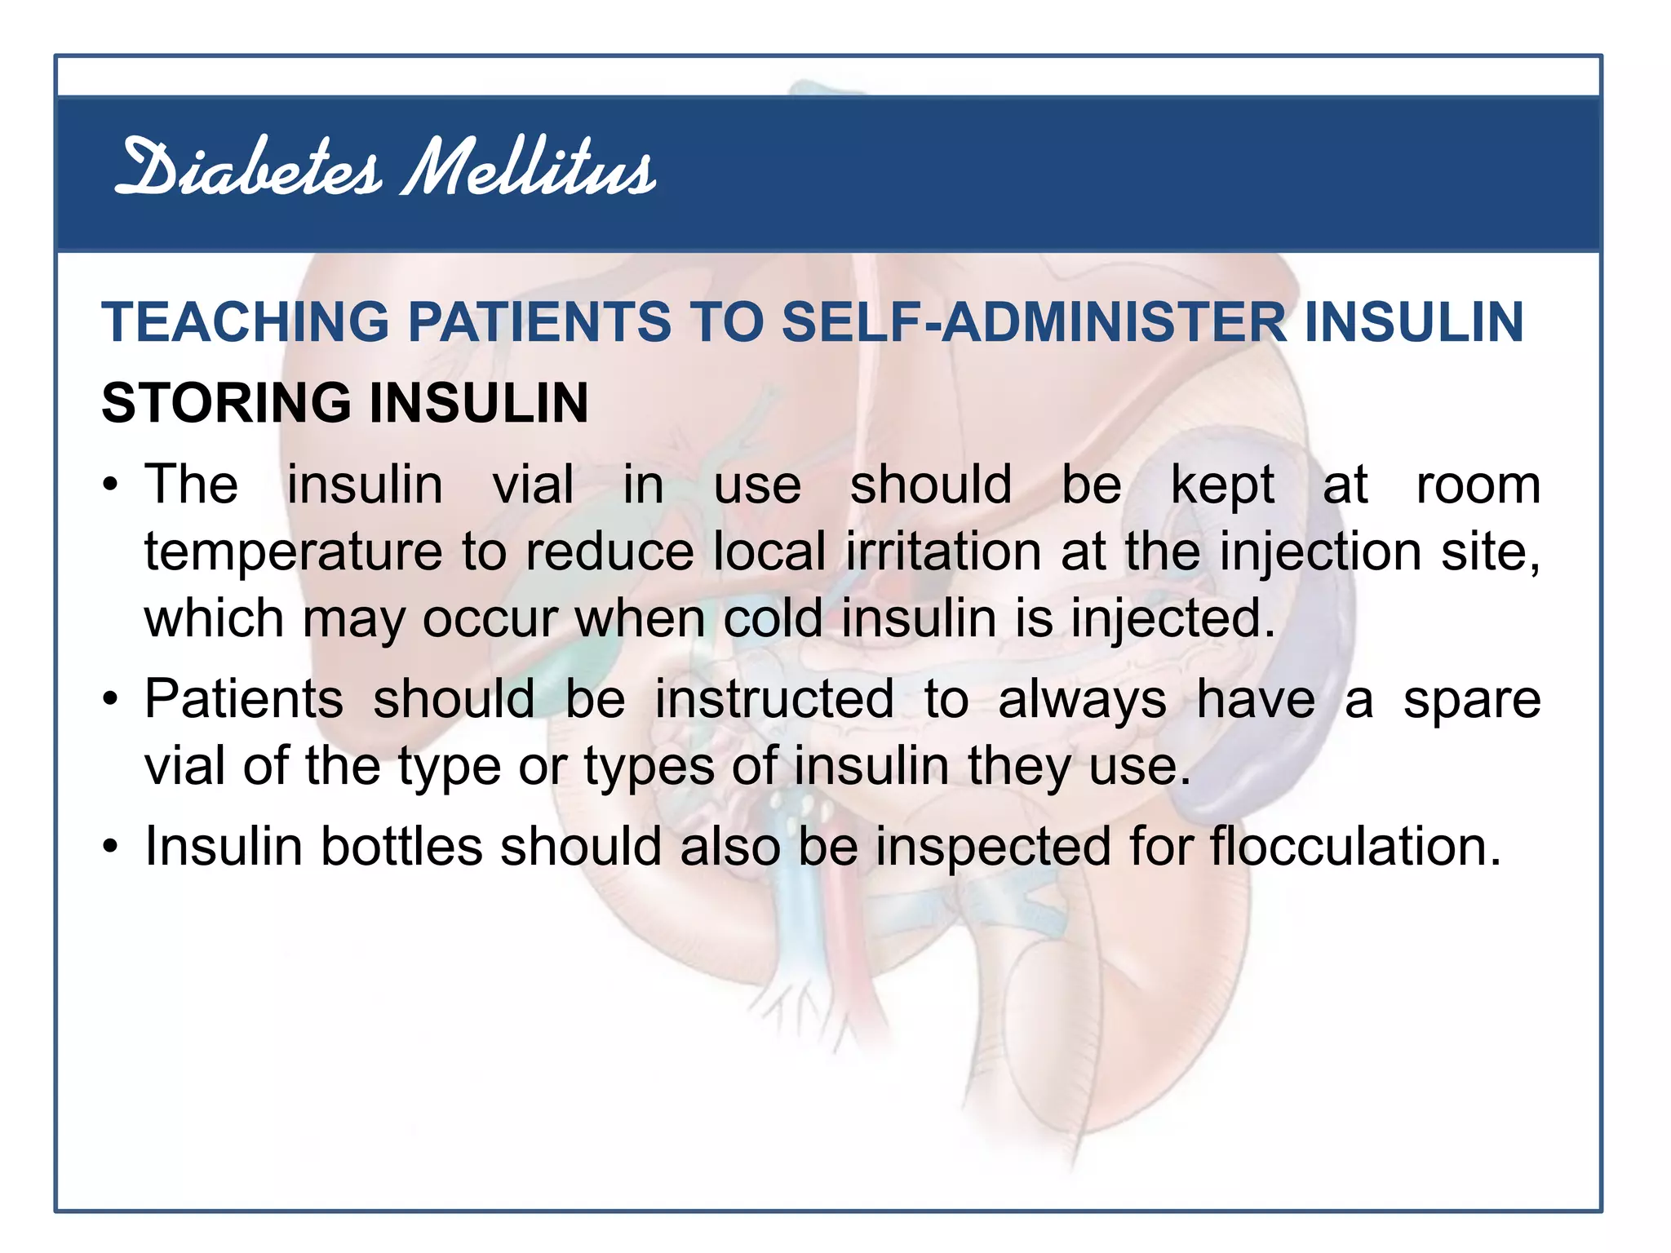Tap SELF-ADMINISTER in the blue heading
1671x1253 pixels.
[1034, 321]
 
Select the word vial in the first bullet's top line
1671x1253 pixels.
[533, 485]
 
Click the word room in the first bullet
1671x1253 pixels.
[1478, 485]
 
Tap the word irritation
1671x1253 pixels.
[943, 551]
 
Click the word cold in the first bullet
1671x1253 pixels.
[773, 618]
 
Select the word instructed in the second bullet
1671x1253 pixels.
[774, 700]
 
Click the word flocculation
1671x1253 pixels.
[1355, 847]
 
